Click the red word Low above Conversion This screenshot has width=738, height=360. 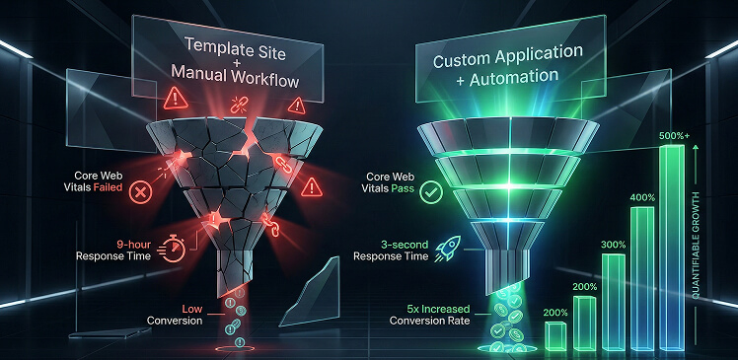[190, 308]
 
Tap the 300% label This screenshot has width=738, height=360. [613, 245]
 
